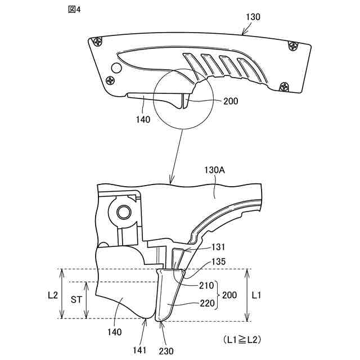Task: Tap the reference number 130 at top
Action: click(253, 17)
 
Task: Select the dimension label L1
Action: click(256, 294)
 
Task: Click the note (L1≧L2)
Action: click(242, 340)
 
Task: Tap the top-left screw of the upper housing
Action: click(99, 41)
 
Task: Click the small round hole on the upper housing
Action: click(116, 68)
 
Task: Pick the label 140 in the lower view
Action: click(115, 332)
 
